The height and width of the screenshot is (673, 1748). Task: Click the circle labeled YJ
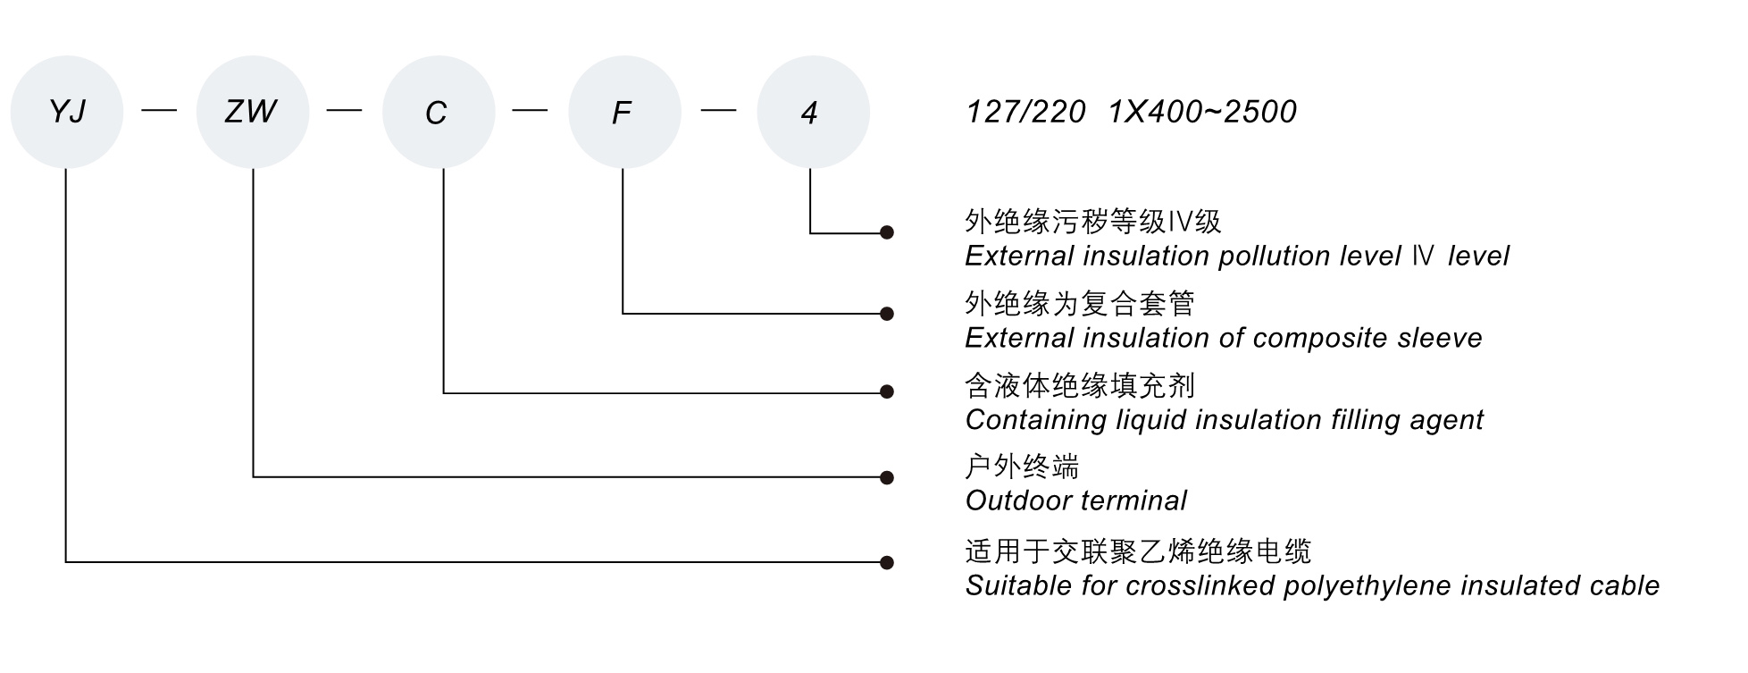[67, 112]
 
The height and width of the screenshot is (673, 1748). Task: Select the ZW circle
[253, 112]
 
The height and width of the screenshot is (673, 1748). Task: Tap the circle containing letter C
[438, 112]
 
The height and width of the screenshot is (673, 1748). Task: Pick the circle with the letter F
[624, 112]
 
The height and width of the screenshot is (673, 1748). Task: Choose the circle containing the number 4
[812, 112]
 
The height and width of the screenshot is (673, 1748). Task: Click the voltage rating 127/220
[1025, 113]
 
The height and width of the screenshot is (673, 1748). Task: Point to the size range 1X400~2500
[1202, 113]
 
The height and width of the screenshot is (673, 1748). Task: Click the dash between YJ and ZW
[160, 110]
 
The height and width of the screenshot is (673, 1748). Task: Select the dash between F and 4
[719, 110]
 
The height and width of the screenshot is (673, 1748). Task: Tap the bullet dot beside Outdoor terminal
[887, 478]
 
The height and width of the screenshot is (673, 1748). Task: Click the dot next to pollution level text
[887, 232]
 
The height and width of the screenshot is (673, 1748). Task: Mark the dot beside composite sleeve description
[887, 314]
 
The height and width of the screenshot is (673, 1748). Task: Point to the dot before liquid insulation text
[887, 391]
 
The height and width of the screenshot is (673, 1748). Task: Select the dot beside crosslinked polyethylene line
[887, 563]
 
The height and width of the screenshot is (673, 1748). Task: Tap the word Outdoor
[1011, 501]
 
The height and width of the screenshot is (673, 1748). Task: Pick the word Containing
[1036, 420]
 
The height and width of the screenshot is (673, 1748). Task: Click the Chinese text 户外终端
[1022, 467]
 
